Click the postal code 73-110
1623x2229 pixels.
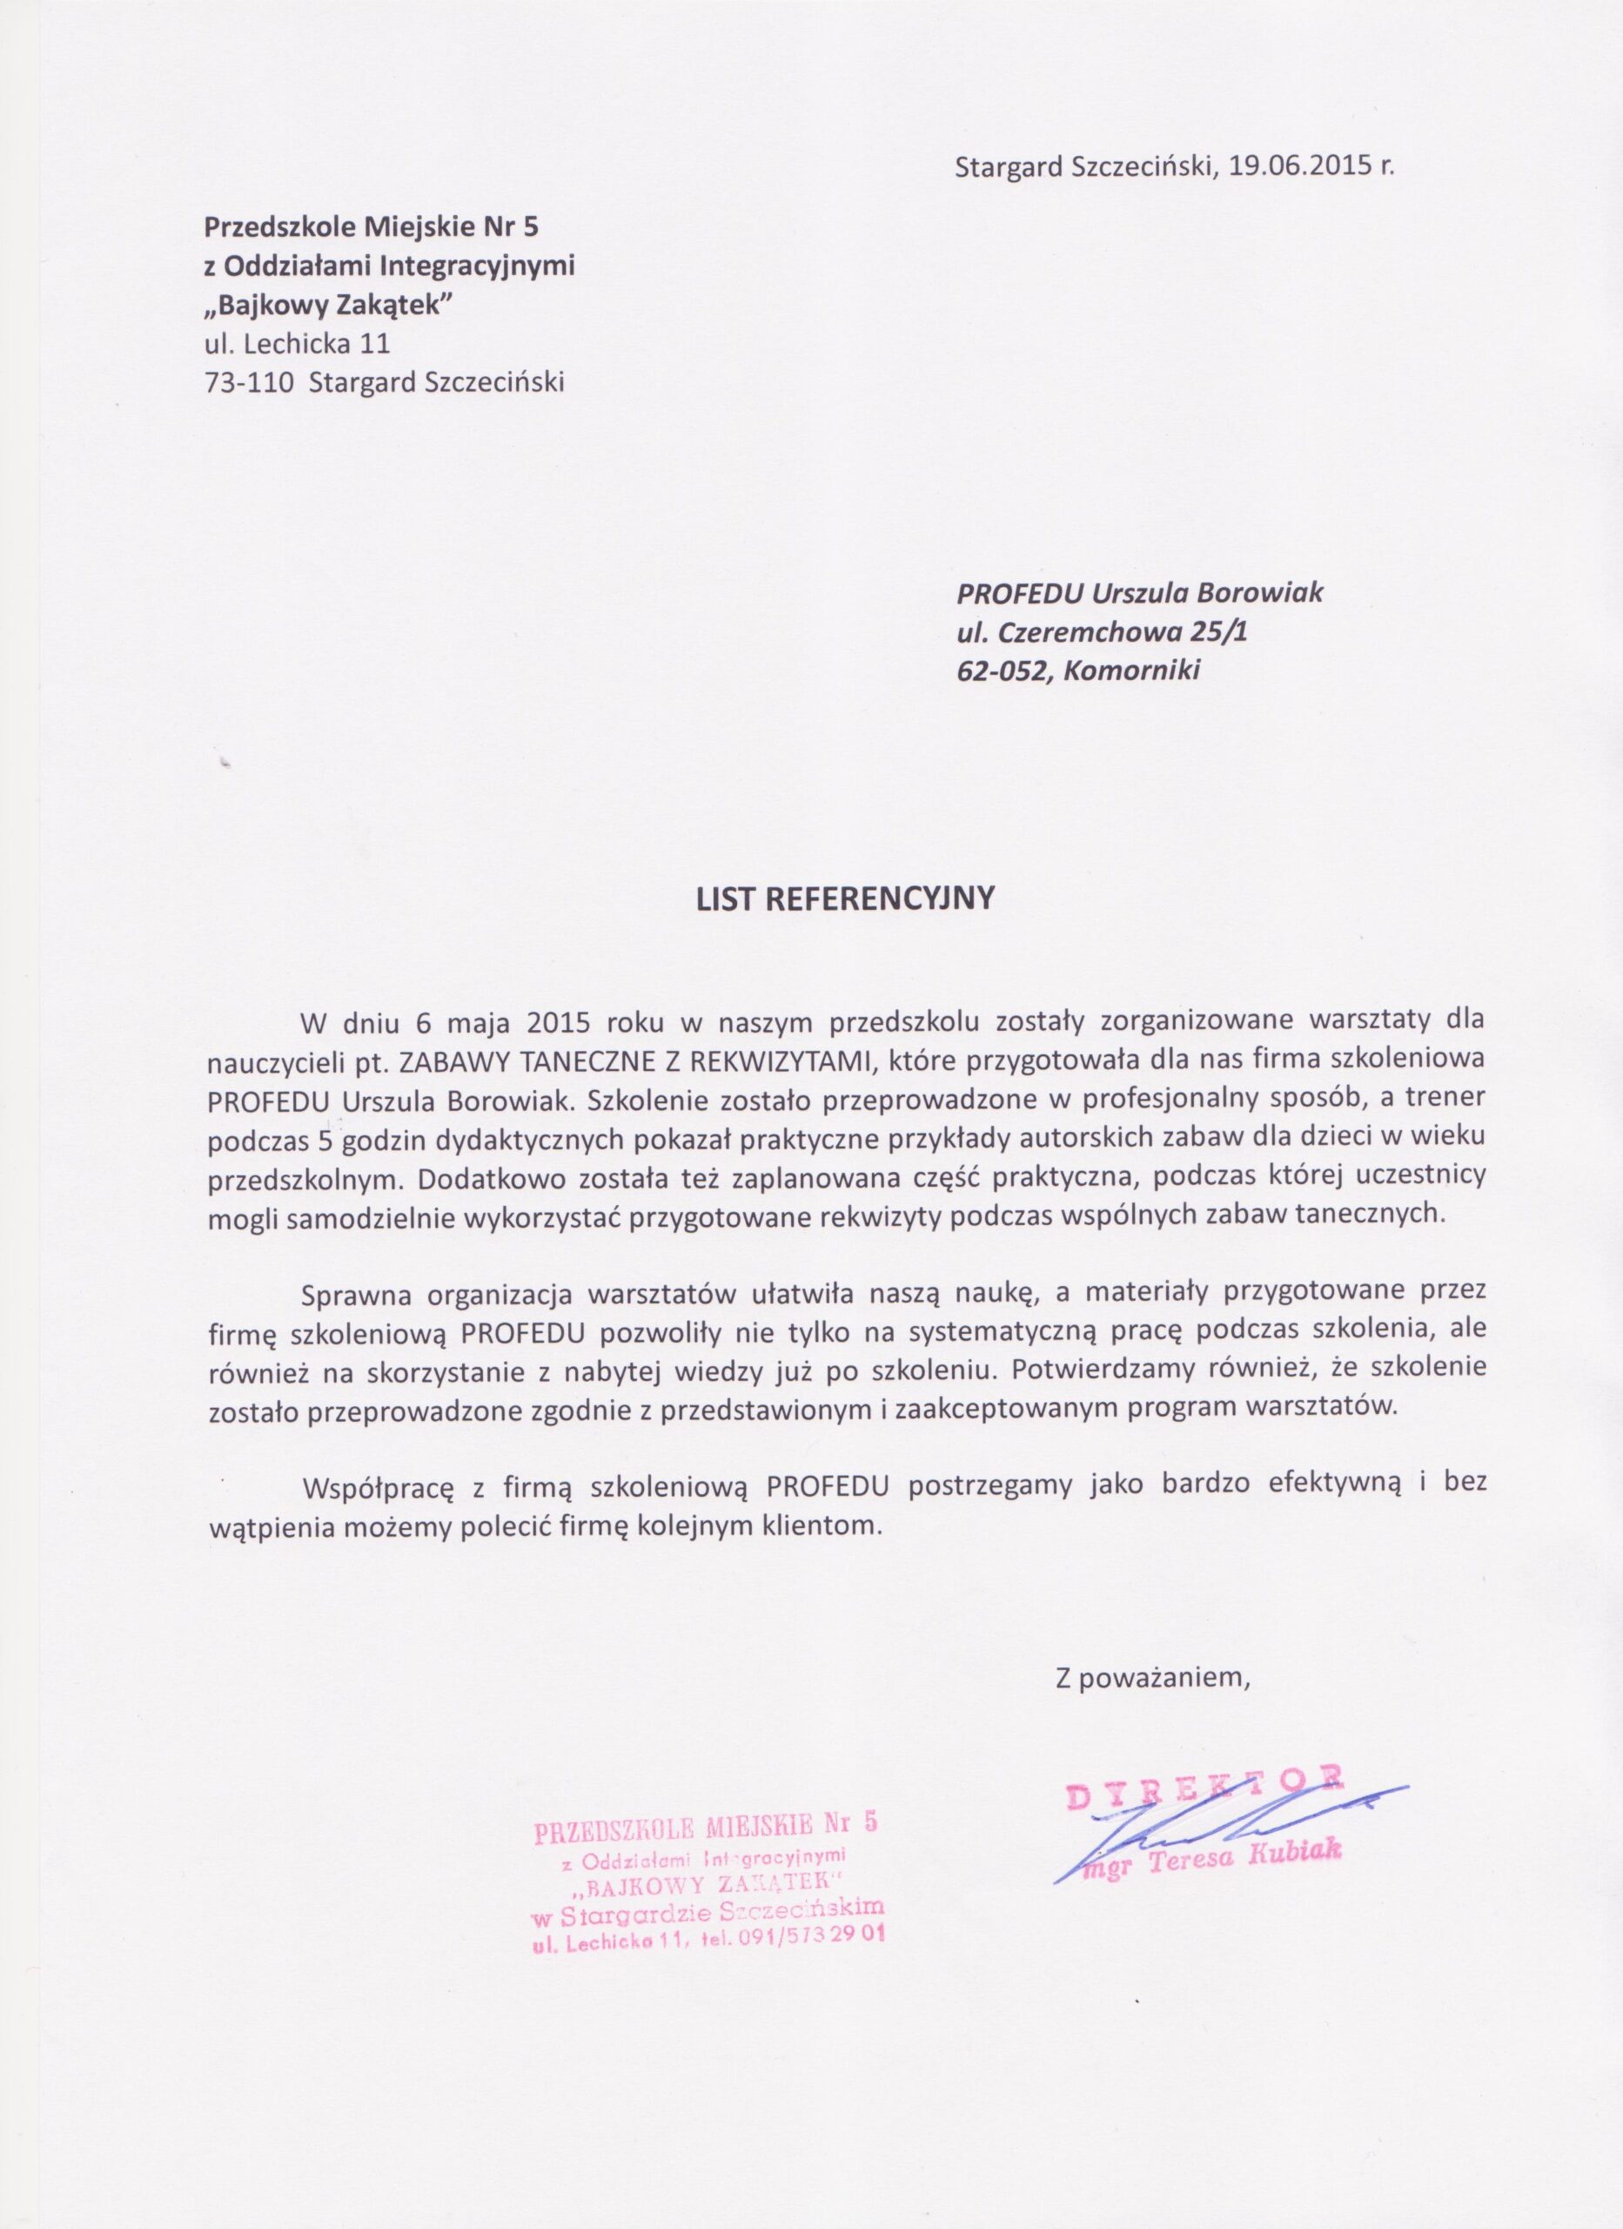coord(250,382)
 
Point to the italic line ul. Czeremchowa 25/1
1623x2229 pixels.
coord(1102,632)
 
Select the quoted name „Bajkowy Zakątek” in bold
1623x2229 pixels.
coord(328,305)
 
